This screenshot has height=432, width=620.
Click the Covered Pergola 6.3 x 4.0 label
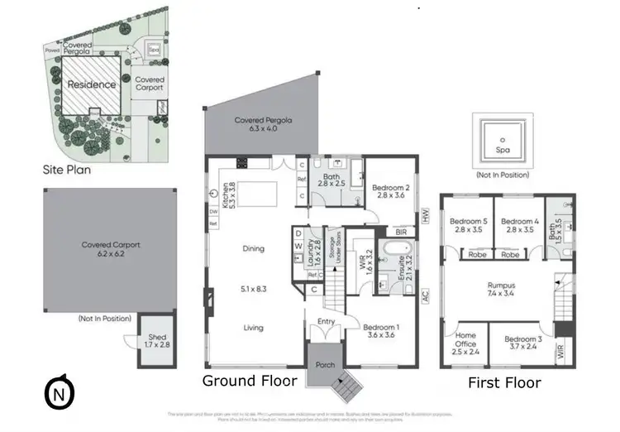coord(264,125)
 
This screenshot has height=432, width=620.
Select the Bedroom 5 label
coord(469,225)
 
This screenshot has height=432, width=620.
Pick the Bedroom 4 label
coord(520,225)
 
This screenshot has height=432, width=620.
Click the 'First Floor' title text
coord(504,382)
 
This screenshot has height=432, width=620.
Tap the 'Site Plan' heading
coord(67,170)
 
